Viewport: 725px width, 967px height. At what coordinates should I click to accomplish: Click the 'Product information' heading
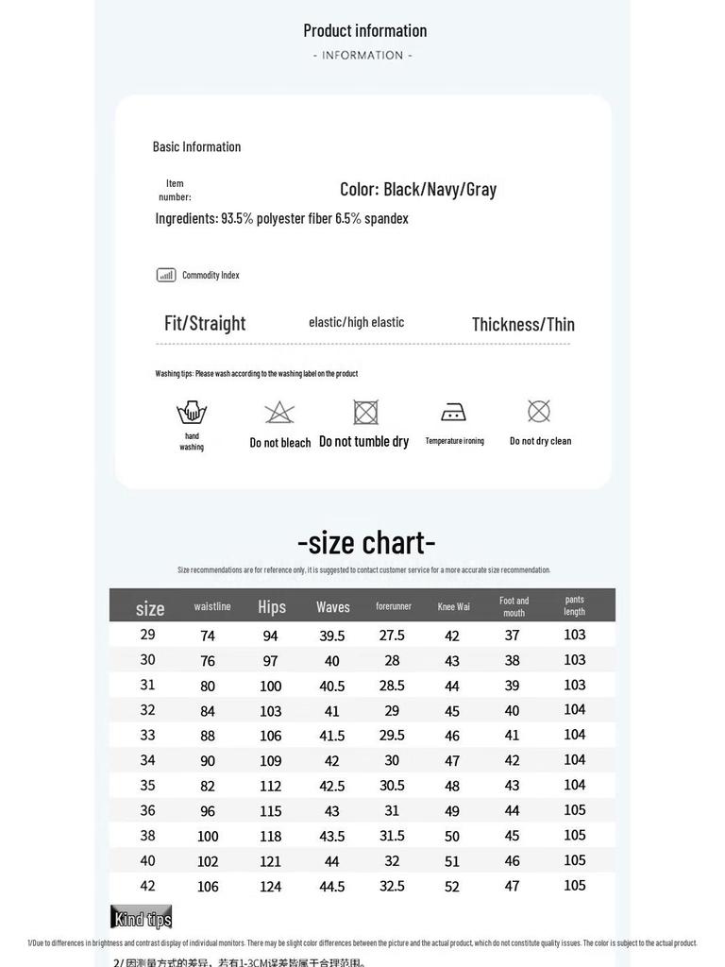(364, 30)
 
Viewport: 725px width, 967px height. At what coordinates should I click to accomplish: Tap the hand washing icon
(192, 413)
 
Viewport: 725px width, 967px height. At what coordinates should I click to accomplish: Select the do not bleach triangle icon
(279, 413)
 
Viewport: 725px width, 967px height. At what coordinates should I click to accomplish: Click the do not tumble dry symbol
(365, 412)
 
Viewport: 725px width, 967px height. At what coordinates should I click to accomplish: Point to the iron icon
(453, 412)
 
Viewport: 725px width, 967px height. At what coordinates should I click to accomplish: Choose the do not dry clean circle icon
(539, 411)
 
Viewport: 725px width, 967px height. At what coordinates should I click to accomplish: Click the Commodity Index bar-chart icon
(166, 275)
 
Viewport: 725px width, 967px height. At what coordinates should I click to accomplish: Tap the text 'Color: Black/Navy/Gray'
(418, 189)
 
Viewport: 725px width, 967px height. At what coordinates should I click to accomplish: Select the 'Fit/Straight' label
(205, 323)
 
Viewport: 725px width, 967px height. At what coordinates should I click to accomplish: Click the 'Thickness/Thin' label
(523, 324)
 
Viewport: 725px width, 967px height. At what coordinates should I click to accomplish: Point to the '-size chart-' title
(366, 542)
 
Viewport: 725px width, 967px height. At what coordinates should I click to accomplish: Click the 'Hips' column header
(272, 607)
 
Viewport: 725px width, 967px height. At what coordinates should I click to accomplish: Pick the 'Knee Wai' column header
(453, 606)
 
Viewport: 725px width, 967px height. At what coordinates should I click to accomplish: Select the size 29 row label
(148, 635)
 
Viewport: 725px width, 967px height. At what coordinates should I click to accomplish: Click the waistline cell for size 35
(208, 786)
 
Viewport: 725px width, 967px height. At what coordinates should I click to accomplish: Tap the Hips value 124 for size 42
(271, 886)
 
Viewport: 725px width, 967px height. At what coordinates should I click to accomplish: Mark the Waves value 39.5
(332, 636)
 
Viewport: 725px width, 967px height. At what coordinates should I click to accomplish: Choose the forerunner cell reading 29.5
(392, 735)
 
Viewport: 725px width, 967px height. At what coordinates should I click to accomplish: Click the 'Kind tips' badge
(142, 918)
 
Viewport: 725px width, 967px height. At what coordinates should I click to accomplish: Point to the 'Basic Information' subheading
(196, 146)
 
